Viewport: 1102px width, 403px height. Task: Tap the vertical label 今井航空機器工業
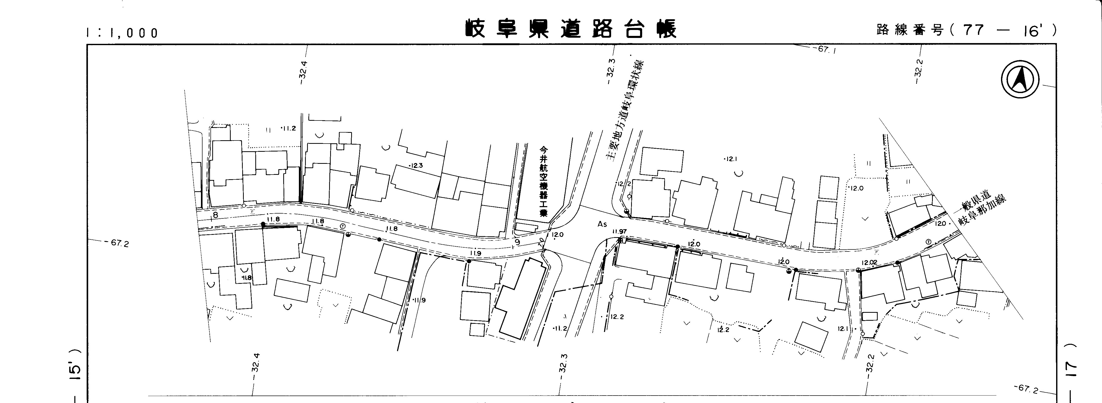coord(543,182)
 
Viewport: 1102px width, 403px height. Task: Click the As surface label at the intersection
coord(602,224)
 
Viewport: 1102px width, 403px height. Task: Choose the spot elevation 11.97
coord(620,231)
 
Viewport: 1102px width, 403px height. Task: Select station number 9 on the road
coord(517,243)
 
